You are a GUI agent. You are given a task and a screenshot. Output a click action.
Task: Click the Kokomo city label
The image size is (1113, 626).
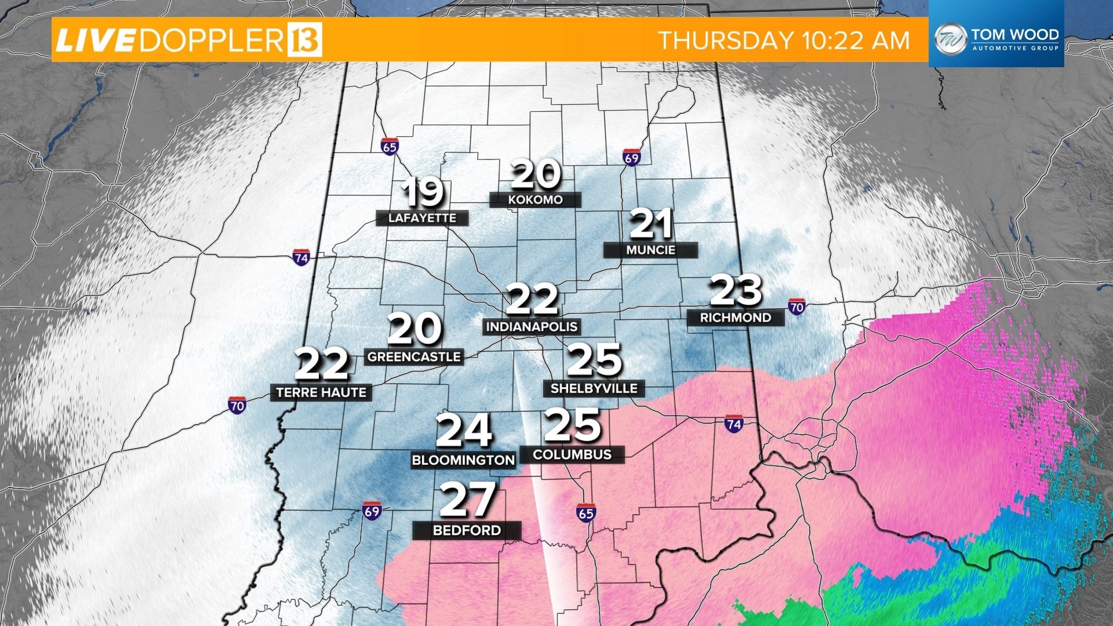click(535, 200)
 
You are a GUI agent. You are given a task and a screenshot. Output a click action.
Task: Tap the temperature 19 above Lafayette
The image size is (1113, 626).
click(424, 194)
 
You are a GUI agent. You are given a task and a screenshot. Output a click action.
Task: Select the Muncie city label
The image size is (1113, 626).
click(650, 250)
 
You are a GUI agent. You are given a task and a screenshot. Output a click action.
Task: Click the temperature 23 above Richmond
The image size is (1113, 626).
click(736, 290)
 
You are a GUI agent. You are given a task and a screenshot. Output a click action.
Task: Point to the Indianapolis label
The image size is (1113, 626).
click(532, 327)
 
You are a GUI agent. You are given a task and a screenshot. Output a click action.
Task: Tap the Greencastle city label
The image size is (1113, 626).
click(414, 357)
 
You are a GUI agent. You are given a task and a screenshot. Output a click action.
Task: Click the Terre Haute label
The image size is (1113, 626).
click(321, 393)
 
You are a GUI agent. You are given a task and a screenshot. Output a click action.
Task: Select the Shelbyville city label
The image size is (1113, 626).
click(594, 388)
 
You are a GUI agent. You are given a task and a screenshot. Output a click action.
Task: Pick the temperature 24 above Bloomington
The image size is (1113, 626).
click(464, 431)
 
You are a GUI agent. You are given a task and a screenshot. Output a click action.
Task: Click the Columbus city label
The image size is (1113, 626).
click(572, 454)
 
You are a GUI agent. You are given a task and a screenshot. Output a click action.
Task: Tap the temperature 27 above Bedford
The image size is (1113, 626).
click(467, 500)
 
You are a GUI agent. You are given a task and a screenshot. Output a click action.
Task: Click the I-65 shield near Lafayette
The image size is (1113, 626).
click(390, 147)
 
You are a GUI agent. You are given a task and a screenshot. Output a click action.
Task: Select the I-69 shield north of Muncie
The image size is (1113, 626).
click(632, 158)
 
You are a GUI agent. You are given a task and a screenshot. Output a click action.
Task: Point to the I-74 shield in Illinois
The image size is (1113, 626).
click(301, 257)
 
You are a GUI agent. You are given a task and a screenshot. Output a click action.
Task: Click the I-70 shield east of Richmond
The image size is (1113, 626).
click(796, 307)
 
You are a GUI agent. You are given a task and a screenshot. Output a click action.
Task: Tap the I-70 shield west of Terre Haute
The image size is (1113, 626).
click(237, 405)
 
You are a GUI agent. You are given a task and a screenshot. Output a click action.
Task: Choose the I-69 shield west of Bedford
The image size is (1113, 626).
click(372, 511)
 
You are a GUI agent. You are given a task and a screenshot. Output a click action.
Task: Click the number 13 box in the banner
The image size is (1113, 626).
click(304, 40)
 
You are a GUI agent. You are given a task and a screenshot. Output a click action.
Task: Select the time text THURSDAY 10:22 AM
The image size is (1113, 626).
click(784, 41)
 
